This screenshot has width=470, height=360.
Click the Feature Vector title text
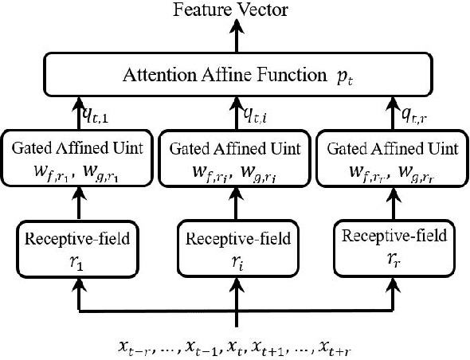click(x=235, y=10)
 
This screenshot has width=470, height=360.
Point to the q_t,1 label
click(x=98, y=116)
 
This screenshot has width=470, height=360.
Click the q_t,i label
click(x=254, y=116)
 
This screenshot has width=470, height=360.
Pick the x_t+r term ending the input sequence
click(x=335, y=346)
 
